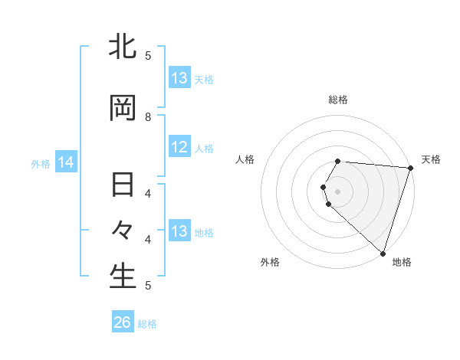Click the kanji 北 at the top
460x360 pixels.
[123, 47]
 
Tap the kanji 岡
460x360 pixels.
[123, 109]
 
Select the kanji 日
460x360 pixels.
[123, 186]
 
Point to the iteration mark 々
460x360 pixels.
[123, 231]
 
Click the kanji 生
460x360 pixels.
[123, 276]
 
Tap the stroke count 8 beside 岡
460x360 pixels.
[149, 117]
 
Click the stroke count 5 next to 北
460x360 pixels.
[149, 55]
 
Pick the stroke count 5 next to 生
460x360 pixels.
[149, 285]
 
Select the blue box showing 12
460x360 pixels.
[179, 148]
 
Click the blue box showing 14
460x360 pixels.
[65, 162]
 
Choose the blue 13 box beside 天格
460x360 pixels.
[179, 78]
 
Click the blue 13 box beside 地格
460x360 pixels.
[179, 231]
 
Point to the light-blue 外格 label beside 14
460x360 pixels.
[41, 163]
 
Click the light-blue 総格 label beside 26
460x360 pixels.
[147, 324]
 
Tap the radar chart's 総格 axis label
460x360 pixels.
[338, 100]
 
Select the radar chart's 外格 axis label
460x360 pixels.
[270, 263]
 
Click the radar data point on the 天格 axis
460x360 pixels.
[410, 168]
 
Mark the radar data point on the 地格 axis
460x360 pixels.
[383, 253]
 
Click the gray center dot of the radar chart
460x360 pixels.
[338, 190]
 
